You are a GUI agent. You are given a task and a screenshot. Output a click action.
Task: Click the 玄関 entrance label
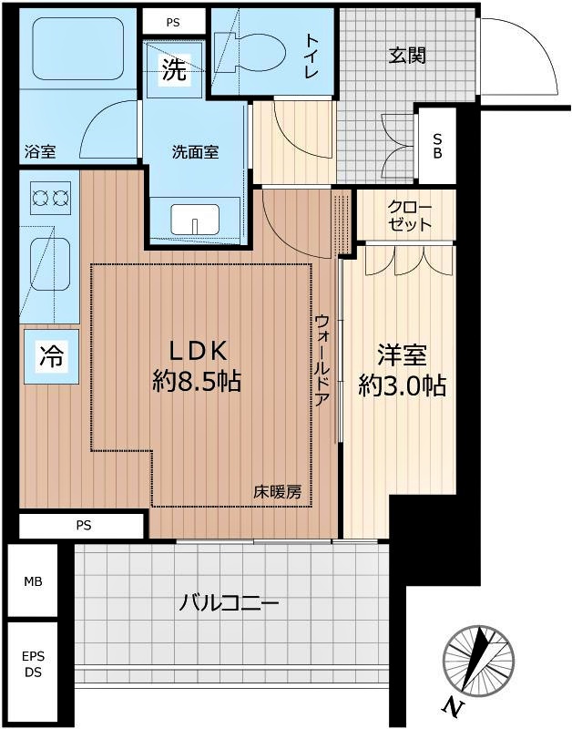[x=407, y=56]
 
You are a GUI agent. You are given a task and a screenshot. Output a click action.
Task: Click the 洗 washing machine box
[x=174, y=70]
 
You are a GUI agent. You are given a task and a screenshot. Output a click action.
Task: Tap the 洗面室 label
[x=195, y=152]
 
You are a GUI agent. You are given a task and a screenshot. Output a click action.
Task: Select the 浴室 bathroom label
[x=40, y=152]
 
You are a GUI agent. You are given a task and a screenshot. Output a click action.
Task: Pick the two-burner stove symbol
[x=50, y=196]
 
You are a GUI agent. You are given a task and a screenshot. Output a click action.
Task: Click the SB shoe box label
[x=437, y=147]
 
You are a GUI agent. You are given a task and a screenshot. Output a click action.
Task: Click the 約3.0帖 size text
[x=401, y=385]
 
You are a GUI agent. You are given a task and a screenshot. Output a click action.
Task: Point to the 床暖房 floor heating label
[x=277, y=492]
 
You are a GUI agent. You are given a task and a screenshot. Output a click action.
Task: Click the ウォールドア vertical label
[x=322, y=364]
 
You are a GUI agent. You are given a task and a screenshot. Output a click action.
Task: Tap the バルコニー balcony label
[x=229, y=603]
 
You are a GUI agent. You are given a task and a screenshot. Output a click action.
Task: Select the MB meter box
[x=33, y=580]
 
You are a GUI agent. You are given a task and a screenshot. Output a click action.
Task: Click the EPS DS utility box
[x=33, y=663]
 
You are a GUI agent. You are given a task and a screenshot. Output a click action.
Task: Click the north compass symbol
[x=477, y=662]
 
